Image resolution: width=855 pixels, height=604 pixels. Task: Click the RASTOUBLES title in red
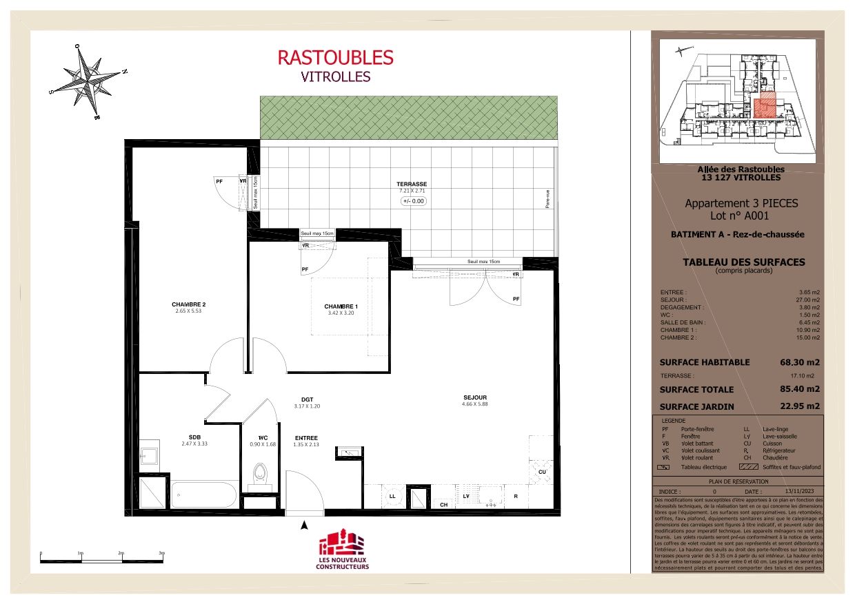click(335, 57)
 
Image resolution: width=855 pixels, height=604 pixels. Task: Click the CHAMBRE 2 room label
click(189, 304)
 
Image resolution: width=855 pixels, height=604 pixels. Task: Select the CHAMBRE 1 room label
click(341, 306)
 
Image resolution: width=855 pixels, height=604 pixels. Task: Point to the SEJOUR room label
click(474, 397)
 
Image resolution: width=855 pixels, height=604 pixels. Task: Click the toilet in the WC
click(260, 473)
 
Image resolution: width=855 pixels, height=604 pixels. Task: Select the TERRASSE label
click(411, 184)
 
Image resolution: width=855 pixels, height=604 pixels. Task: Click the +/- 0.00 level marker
click(414, 201)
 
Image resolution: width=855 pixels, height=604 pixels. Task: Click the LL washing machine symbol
click(392, 496)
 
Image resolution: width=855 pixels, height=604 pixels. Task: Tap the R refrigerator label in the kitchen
click(515, 496)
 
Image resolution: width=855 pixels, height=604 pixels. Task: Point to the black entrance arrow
click(304, 526)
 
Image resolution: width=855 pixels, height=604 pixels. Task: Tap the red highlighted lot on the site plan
click(764, 107)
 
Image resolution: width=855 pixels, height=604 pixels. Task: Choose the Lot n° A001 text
click(741, 216)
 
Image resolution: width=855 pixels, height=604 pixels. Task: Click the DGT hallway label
click(307, 399)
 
